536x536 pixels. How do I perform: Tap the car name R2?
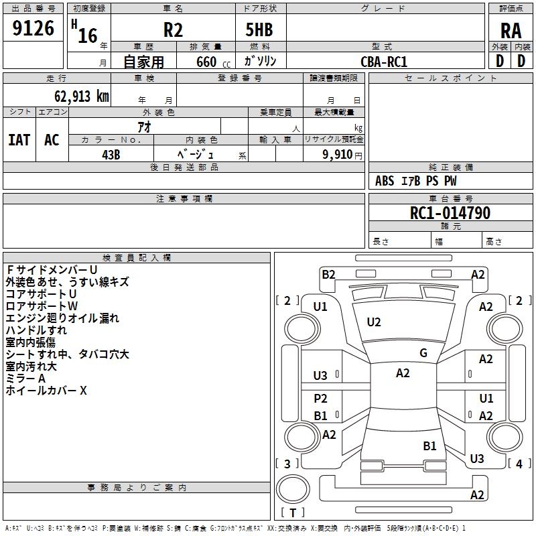point(174,30)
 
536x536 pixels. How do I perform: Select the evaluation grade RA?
point(511,31)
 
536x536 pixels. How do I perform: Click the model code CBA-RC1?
point(384,61)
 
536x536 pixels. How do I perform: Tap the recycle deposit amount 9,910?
point(338,154)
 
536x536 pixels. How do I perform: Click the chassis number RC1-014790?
point(450,214)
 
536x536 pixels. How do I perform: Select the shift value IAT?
point(19,140)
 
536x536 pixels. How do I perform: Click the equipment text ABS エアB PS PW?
point(417,181)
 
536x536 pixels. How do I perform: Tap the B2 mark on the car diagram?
point(328,274)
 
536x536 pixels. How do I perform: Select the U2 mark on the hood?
point(374,322)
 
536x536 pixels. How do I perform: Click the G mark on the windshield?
point(423,353)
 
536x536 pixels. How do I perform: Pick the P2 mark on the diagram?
point(321,399)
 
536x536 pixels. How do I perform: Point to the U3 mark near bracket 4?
point(476,458)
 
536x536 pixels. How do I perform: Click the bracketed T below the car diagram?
point(293,513)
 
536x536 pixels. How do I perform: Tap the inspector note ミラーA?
point(25,379)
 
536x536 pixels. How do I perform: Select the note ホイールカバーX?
point(46,391)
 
